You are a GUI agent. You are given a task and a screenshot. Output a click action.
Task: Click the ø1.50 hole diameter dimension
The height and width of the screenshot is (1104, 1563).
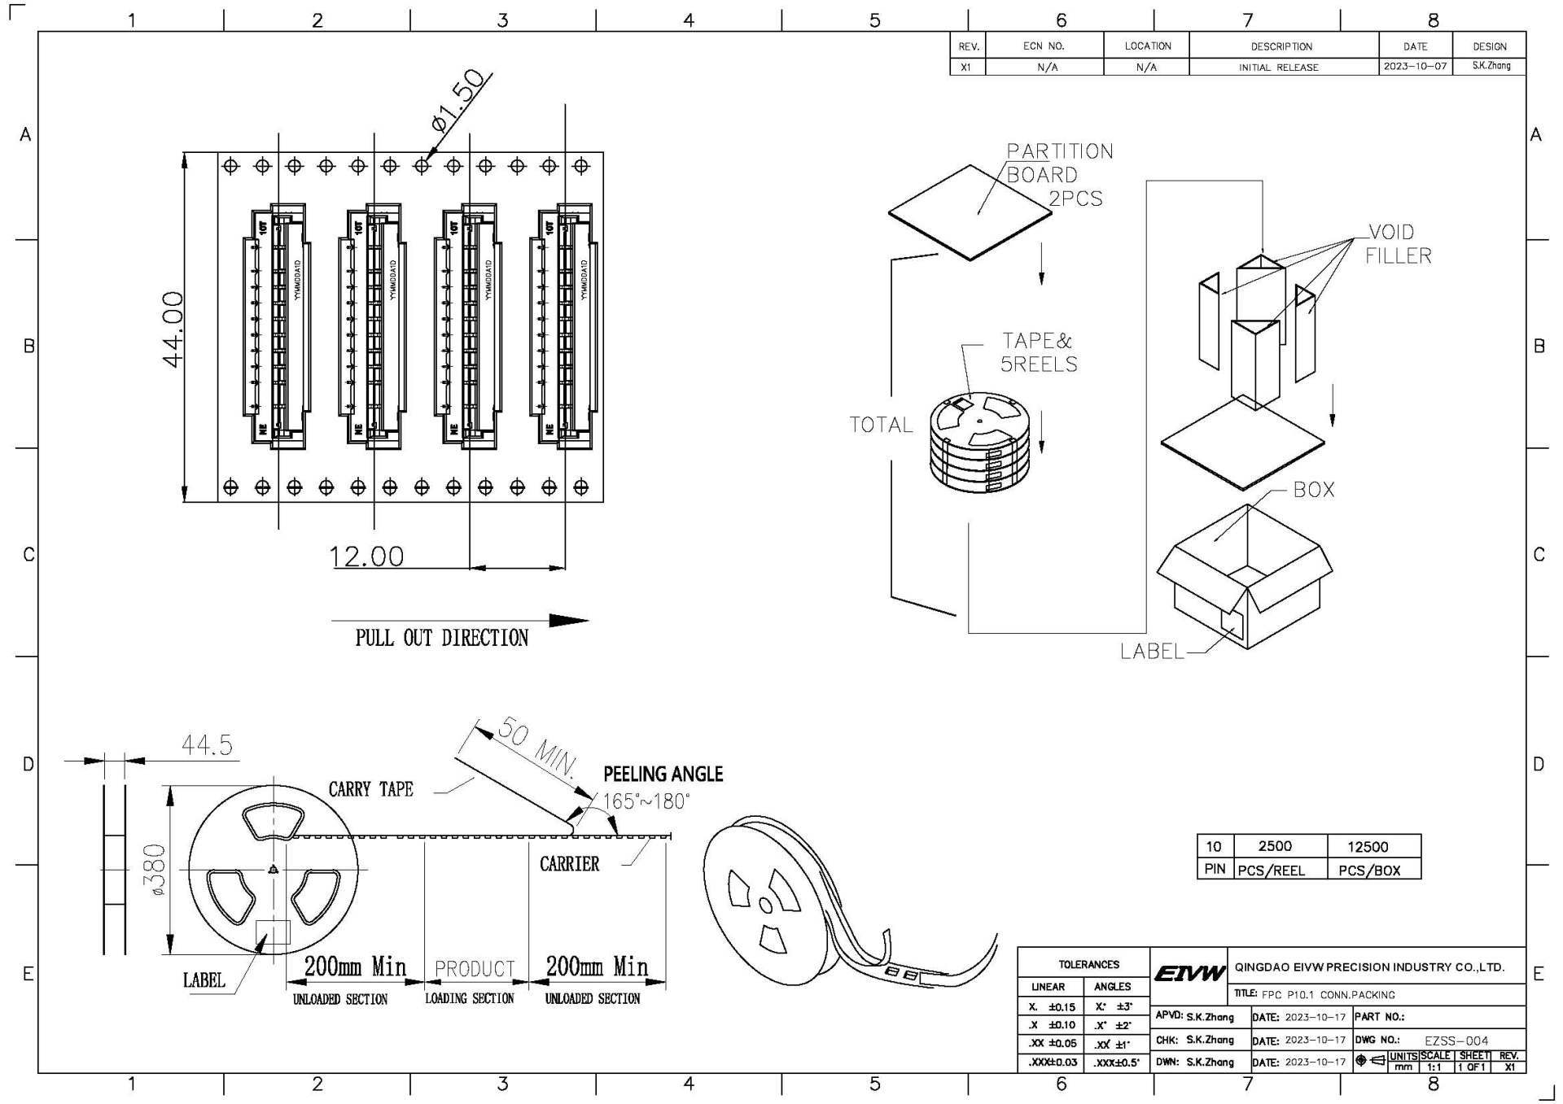461,101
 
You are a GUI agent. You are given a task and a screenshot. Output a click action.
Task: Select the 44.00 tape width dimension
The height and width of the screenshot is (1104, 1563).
174,329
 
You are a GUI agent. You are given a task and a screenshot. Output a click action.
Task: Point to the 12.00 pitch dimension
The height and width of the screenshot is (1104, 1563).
366,556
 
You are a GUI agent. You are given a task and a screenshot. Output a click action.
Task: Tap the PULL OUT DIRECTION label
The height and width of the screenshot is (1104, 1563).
441,638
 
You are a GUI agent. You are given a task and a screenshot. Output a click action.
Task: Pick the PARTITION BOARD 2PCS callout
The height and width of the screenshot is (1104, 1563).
1058,174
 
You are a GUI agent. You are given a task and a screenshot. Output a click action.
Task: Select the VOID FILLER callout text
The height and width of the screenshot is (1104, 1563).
1397,243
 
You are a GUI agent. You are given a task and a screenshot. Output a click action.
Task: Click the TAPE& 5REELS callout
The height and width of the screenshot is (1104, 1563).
1038,352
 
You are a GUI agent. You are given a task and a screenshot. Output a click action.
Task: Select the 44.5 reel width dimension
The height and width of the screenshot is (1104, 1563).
207,745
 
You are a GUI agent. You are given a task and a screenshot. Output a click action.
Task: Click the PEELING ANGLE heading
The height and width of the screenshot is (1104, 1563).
663,774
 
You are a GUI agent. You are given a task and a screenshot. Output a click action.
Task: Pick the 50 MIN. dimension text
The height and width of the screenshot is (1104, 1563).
536,746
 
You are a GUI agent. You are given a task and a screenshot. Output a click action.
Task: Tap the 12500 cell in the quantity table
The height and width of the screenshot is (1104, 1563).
1368,846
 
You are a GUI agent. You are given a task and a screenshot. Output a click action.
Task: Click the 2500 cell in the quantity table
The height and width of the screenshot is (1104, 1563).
1275,846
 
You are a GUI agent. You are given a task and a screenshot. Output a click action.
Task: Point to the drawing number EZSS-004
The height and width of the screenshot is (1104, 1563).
1456,1041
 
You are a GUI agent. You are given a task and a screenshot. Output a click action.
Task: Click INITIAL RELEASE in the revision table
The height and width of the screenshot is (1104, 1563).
1278,68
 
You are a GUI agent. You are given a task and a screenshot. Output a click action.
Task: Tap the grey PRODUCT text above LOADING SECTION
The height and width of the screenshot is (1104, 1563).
475,969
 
